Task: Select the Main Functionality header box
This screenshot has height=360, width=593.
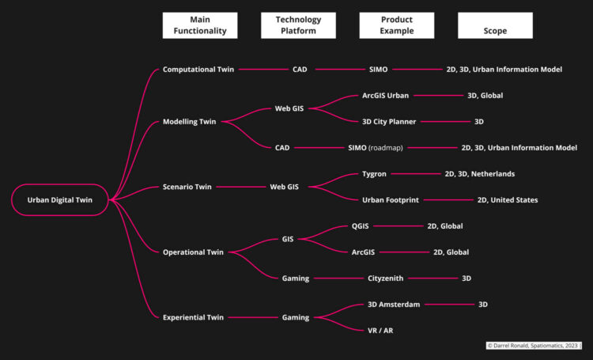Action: [200, 25]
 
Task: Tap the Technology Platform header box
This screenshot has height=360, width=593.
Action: [299, 25]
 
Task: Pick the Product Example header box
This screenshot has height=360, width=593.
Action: [397, 25]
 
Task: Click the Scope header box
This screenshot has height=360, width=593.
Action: [495, 25]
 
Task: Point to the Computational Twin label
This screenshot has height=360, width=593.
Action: [198, 70]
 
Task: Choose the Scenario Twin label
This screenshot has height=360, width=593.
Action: [187, 187]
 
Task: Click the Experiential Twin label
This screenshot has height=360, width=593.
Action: [193, 317]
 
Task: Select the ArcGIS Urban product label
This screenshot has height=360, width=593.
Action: [380, 96]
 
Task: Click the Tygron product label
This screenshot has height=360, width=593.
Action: [374, 173]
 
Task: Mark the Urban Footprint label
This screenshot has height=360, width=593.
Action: [390, 200]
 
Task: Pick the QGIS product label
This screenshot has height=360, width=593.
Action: [361, 225]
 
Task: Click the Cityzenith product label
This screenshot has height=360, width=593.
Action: [389, 279]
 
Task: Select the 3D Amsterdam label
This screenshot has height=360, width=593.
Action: [394, 305]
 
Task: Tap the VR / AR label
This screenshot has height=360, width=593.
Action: [380, 331]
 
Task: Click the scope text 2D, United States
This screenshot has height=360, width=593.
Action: [507, 200]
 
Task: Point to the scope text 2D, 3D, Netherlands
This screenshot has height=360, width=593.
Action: [479, 173]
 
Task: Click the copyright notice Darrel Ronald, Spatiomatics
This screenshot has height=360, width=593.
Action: [533, 346]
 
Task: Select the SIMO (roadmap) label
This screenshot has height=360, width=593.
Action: [377, 147]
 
